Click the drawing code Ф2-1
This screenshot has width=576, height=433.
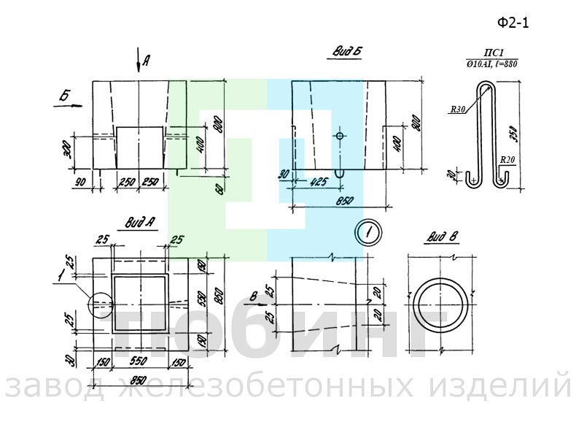(x=513, y=23)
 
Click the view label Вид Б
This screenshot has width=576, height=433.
(x=348, y=51)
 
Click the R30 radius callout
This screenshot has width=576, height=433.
(x=458, y=110)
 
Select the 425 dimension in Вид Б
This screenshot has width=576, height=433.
(x=318, y=181)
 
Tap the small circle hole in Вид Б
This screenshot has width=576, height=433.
(x=340, y=137)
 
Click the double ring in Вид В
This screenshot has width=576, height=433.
(x=440, y=302)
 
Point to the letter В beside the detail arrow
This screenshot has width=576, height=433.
(x=253, y=296)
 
